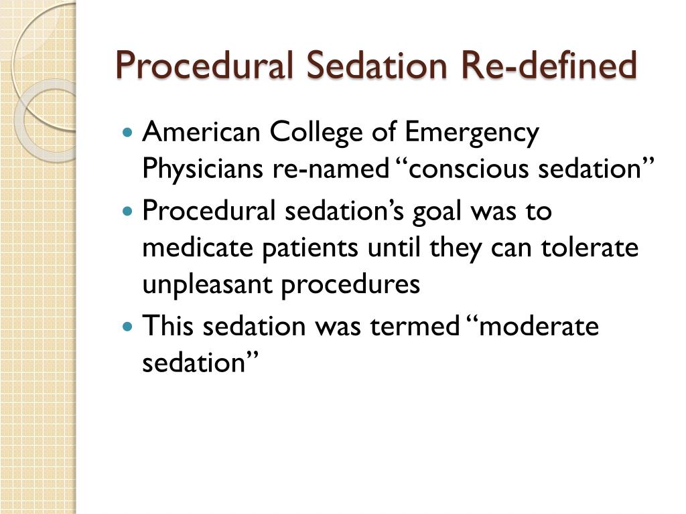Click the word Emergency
coord(473,134)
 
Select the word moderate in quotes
coord(535,327)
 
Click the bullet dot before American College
coord(129,133)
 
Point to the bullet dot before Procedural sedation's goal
coord(129,211)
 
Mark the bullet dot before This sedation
coord(129,327)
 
